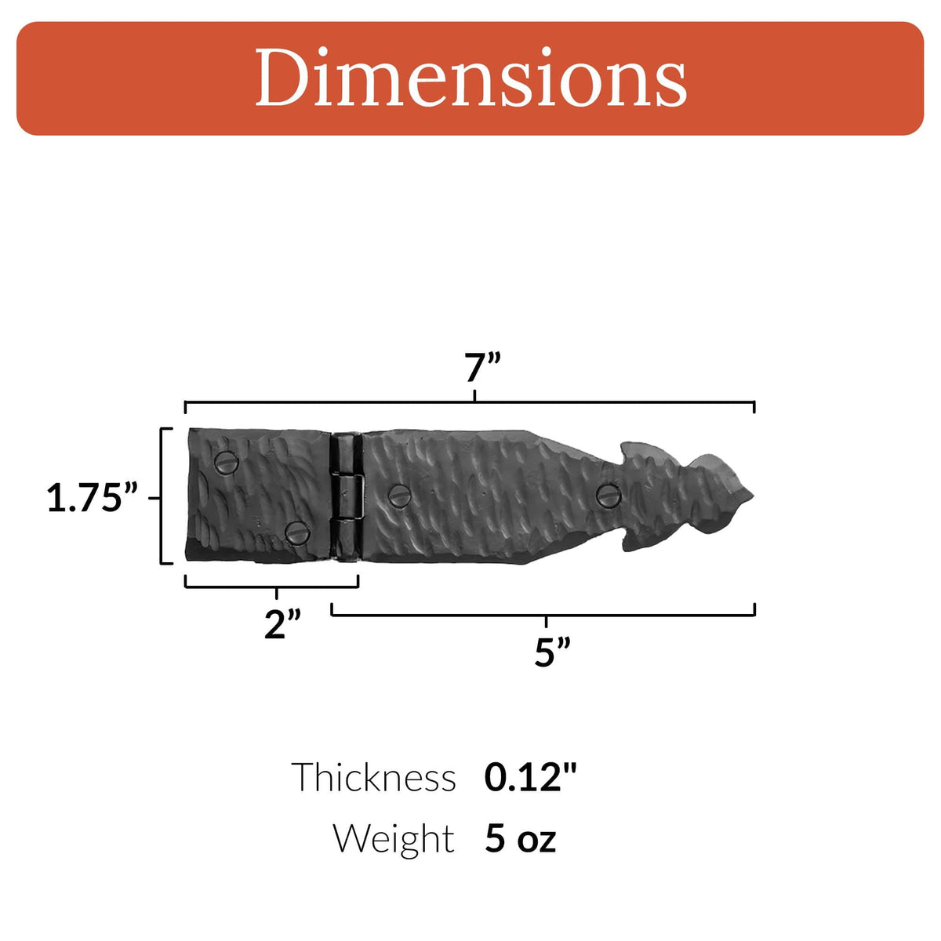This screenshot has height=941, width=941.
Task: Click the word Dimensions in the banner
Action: pos(470,78)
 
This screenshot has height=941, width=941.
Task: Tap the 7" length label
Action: pos(481,369)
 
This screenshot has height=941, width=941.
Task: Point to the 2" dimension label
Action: pos(282,624)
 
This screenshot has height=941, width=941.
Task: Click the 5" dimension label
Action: pos(552,652)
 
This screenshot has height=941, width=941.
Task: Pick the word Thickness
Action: pos(373,778)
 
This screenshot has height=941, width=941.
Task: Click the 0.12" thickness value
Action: pos(530,778)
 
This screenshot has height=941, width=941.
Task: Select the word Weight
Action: pos(394,838)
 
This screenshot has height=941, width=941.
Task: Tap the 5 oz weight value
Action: pos(520,838)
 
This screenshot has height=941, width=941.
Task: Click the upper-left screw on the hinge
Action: pos(227,461)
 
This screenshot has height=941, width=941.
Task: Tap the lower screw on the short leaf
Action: pos(297,532)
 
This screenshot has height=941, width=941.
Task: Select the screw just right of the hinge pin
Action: pos(400,496)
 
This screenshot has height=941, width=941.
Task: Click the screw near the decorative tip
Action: pos(609,495)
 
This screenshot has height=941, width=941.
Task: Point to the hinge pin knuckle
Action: pos(346,496)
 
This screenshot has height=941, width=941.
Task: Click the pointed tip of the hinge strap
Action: pos(751,495)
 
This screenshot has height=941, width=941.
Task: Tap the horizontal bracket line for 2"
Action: pos(235,586)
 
